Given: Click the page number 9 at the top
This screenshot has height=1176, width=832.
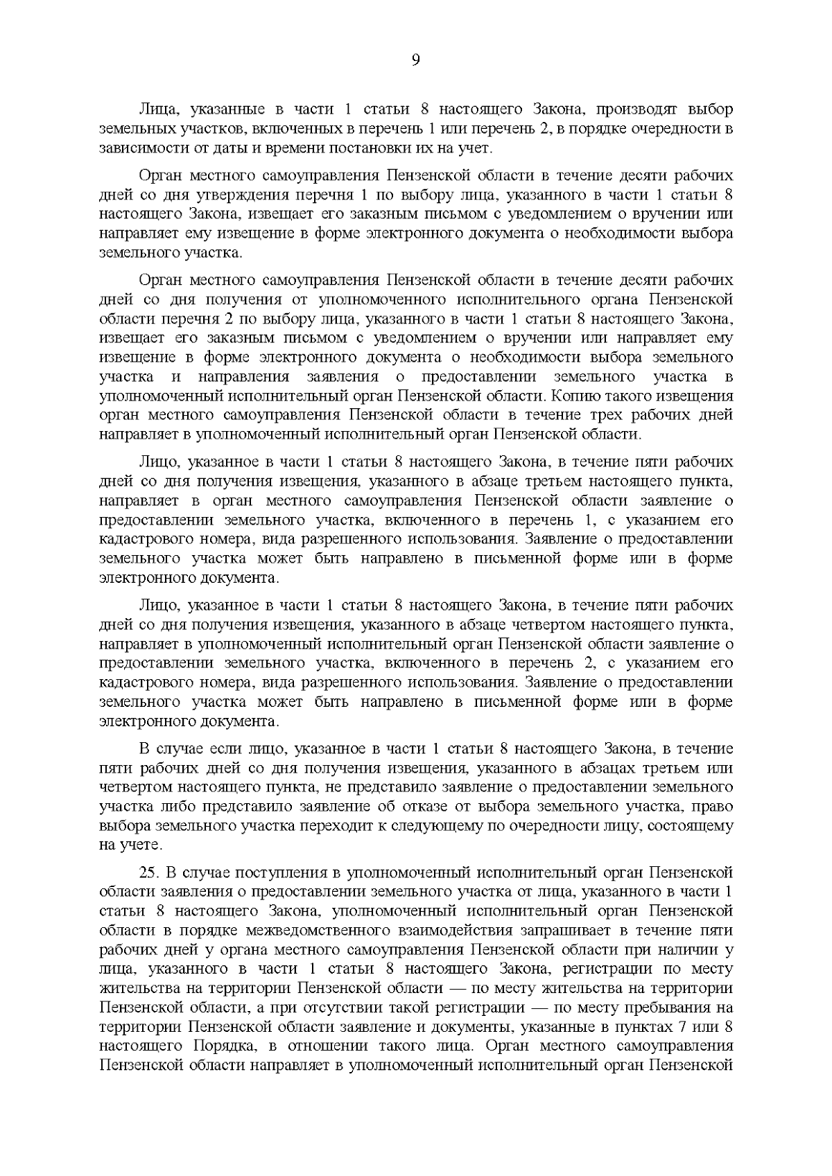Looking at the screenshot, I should [415, 61].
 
